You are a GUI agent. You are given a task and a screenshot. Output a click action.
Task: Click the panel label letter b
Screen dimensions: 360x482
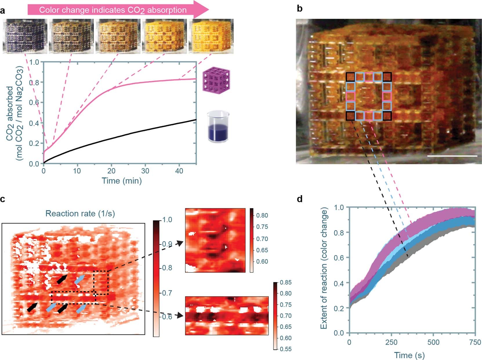coord(300,9)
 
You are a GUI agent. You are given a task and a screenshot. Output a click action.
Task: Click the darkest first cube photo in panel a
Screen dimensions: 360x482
coord(25,36)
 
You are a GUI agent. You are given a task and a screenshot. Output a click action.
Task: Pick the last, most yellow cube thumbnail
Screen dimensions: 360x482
coord(211,36)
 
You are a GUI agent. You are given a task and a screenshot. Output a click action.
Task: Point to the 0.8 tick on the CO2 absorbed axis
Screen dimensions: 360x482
coord(34,82)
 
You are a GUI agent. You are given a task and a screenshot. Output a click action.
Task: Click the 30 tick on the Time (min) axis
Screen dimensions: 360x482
coord(145,171)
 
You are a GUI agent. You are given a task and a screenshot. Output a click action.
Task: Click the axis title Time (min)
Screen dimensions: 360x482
coord(122,181)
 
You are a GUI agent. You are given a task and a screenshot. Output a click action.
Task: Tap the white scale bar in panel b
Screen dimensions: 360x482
coord(452,156)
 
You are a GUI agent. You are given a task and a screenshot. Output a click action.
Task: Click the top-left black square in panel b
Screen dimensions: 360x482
coord(350,77)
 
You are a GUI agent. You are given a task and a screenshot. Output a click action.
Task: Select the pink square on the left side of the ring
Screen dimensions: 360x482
coord(350,97)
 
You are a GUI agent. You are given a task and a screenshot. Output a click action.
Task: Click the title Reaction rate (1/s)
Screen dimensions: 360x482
coord(80,214)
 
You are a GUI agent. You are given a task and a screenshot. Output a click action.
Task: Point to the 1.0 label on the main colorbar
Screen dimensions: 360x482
coord(166,220)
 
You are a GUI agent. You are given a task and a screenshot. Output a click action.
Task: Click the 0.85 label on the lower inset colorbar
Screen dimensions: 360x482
coord(286,282)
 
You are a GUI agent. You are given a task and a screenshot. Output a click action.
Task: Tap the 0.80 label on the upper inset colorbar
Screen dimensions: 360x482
coord(262,215)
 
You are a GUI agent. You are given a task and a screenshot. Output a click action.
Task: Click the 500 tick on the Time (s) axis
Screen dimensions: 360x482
coord(433,342)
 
